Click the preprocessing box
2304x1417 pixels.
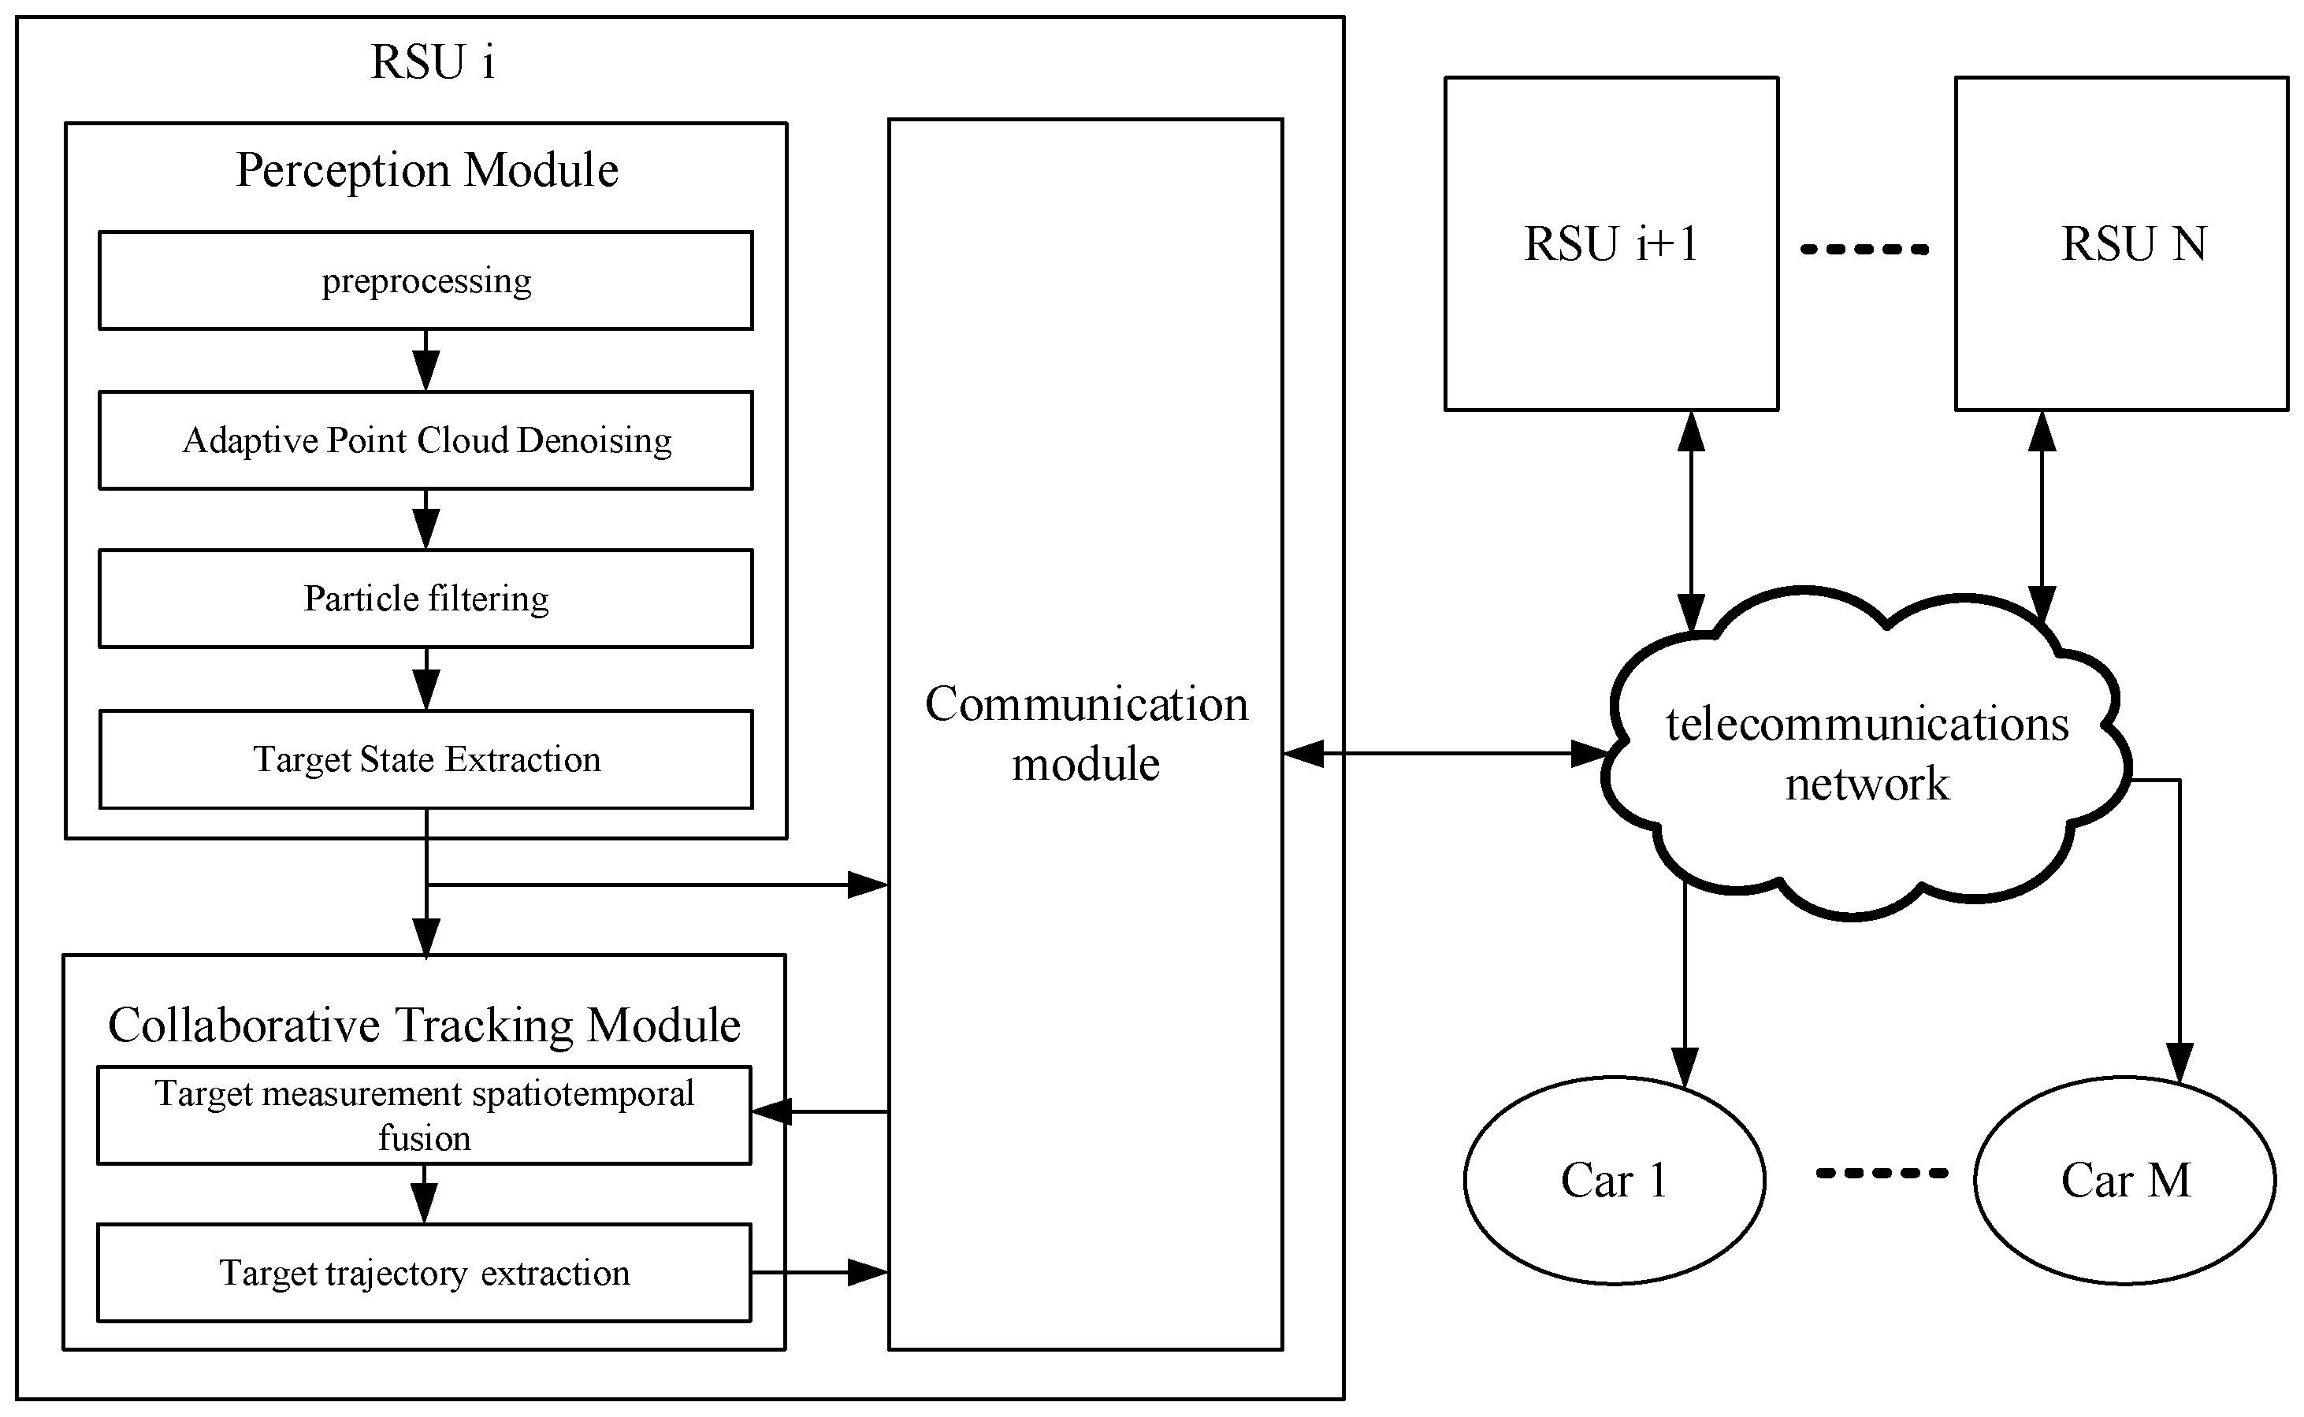click(425, 280)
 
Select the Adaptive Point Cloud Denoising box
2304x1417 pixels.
click(425, 440)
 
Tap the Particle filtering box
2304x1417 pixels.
click(425, 599)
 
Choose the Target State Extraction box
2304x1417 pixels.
click(425, 759)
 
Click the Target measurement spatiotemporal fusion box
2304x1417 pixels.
click(424, 1115)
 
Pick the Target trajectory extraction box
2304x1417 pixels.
click(424, 1273)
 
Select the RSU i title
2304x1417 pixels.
click(432, 63)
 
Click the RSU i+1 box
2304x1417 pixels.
click(1611, 243)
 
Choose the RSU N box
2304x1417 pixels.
click(2121, 243)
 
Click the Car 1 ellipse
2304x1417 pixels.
click(1614, 1180)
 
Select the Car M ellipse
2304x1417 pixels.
click(2124, 1180)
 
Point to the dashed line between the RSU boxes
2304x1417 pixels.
click(1865, 249)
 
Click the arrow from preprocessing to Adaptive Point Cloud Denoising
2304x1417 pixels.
click(425, 360)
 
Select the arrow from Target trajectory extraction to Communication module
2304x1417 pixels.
click(819, 1273)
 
